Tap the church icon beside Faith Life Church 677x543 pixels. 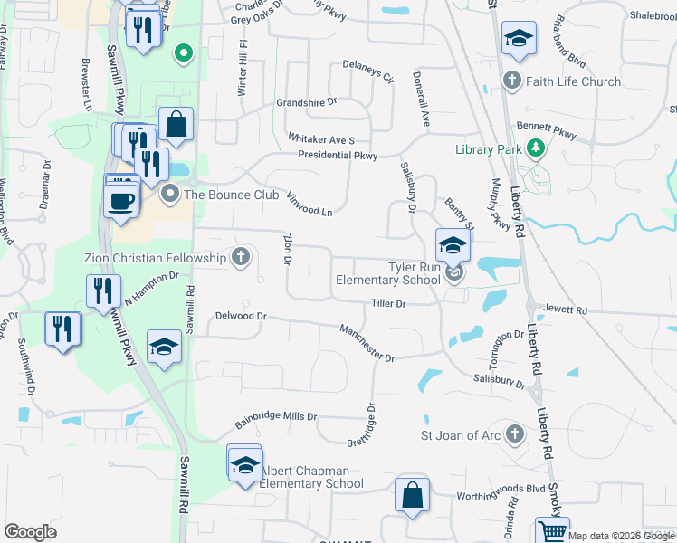click(512, 81)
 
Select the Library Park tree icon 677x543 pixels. click(535, 147)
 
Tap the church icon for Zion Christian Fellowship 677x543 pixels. click(241, 258)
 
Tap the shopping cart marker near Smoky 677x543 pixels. click(552, 531)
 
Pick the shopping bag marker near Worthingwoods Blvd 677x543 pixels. click(411, 496)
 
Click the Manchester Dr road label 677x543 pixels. click(367, 344)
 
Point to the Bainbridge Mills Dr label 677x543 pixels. click(277, 418)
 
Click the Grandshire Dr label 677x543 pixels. click(306, 102)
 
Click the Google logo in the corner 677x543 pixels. click(31, 532)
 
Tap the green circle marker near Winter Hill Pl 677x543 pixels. click(184, 53)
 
